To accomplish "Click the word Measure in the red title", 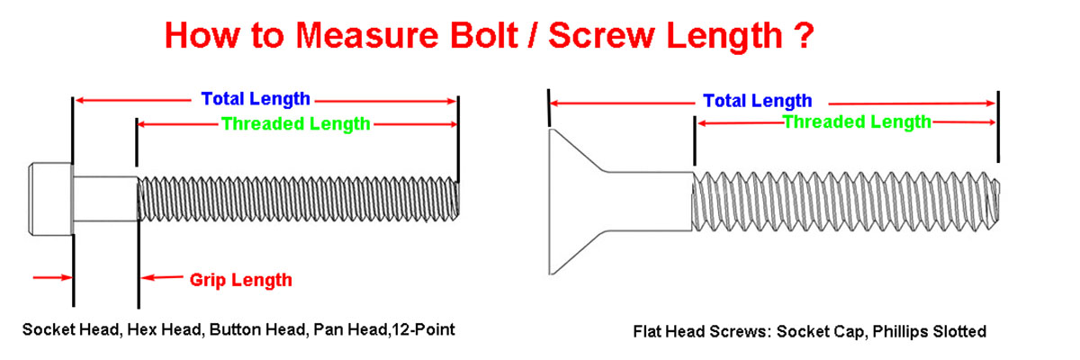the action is [x=367, y=36].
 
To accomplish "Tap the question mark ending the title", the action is [x=804, y=35].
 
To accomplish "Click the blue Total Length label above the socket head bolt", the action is [x=256, y=99].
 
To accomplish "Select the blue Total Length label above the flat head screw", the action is [x=758, y=101].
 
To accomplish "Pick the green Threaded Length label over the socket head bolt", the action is [x=295, y=124].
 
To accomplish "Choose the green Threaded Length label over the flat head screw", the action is [x=856, y=122].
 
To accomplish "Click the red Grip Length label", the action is [x=240, y=280].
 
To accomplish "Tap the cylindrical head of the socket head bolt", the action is [x=50, y=199].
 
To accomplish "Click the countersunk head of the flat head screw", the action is [x=577, y=202].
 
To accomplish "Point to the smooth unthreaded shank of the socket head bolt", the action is [x=105, y=199].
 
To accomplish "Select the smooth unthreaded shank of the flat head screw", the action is [x=650, y=201].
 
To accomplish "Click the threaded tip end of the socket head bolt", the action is [x=455, y=199].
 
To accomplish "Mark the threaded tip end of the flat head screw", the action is [x=995, y=201].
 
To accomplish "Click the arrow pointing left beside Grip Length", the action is [x=162, y=277].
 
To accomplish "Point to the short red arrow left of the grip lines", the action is [x=52, y=277].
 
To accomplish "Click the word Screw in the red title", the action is [x=602, y=36].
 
